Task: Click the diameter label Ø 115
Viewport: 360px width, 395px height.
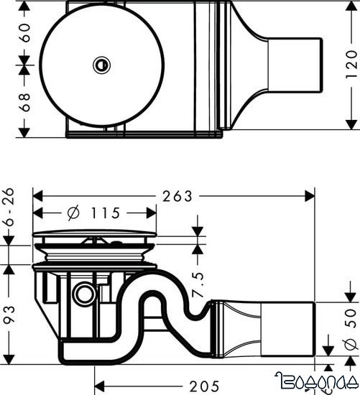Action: click(96, 213)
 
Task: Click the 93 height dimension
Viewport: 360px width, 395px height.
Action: click(10, 313)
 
